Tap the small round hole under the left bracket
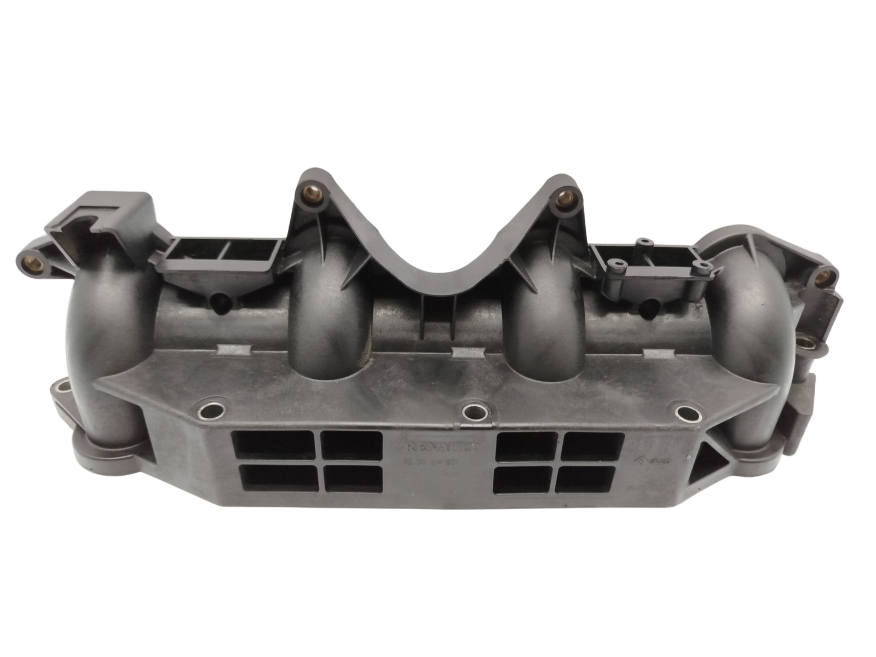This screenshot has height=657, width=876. (x=220, y=302)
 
